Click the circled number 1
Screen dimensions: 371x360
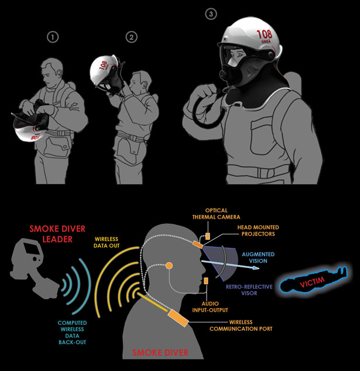pyautogui.click(x=53, y=38)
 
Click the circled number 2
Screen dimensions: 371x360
pyautogui.click(x=132, y=38)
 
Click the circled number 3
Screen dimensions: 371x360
pyautogui.click(x=211, y=13)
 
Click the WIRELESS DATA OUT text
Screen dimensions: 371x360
pyautogui.click(x=112, y=243)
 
